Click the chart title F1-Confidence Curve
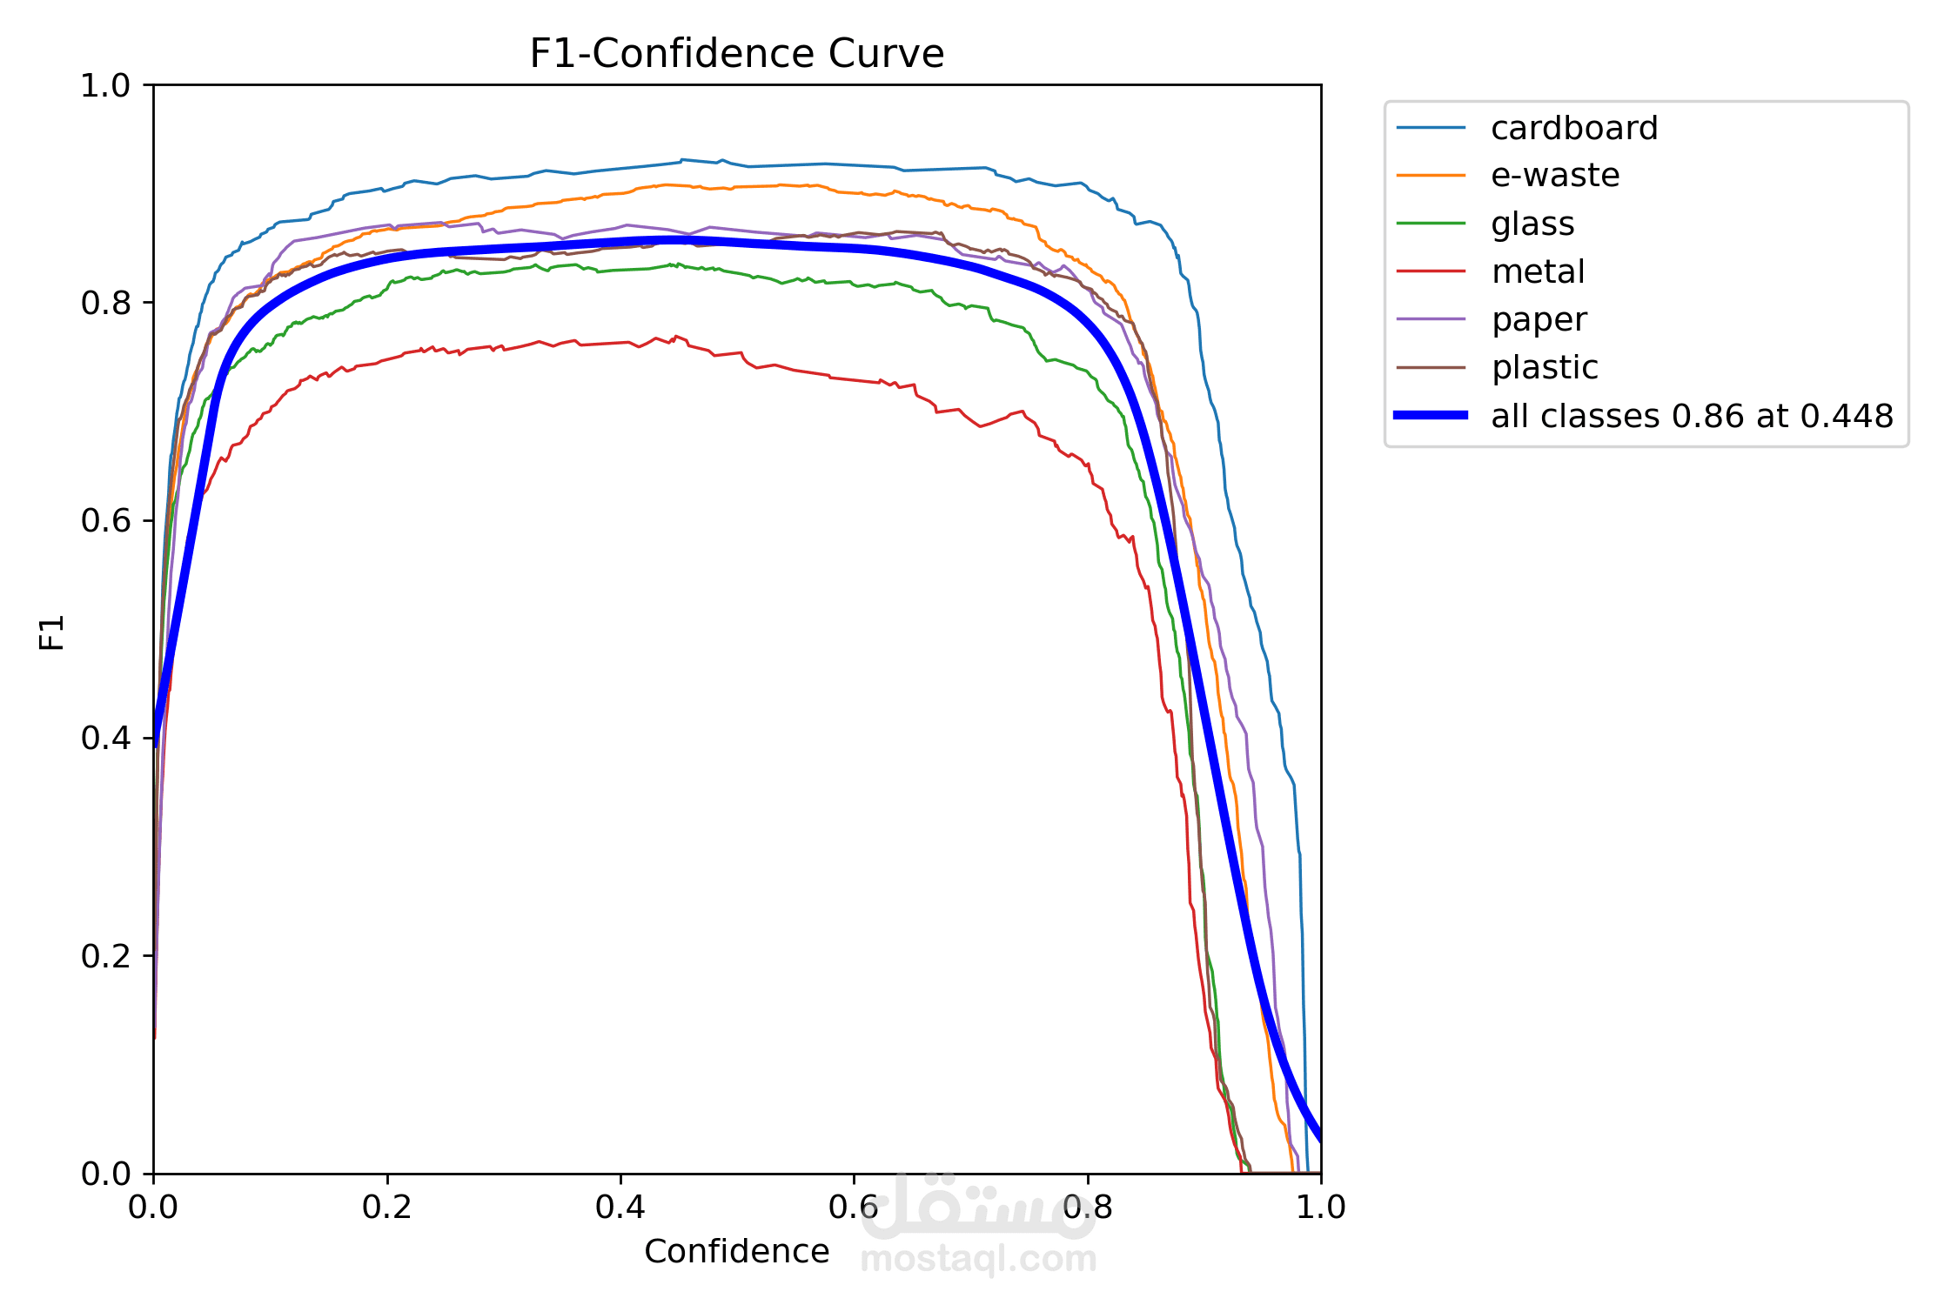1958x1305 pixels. tap(736, 54)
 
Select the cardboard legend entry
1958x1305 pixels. tap(1573, 129)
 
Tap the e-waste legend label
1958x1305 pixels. tap(1555, 176)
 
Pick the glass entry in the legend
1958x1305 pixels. tap(1532, 224)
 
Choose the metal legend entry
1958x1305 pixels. tap(1538, 272)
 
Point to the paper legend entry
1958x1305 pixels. tap(1539, 320)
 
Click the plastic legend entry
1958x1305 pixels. tap(1545, 368)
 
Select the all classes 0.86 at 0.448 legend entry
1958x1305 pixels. tap(1692, 417)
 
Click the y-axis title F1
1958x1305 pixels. tap(52, 632)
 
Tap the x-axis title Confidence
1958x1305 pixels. tap(736, 1252)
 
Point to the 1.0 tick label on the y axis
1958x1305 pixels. tap(104, 86)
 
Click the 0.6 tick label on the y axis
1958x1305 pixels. tap(104, 521)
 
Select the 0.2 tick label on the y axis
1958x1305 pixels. tap(104, 956)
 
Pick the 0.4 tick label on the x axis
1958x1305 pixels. tap(620, 1208)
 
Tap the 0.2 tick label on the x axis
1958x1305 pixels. tap(387, 1208)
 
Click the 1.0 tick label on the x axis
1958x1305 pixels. tap(1320, 1208)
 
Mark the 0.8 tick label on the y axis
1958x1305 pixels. tap(104, 304)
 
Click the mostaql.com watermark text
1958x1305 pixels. tap(978, 1259)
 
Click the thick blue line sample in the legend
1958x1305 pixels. tap(1431, 416)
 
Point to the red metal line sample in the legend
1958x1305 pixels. tap(1431, 271)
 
